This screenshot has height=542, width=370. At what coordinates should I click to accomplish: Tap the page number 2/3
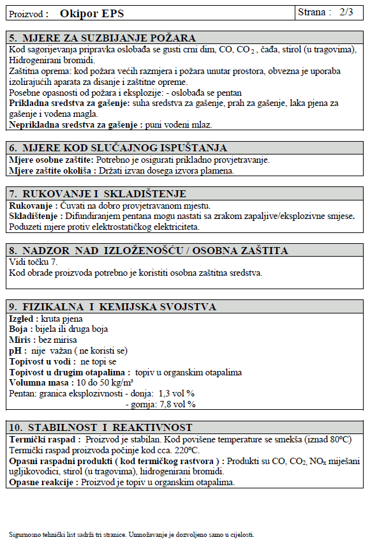tap(347, 12)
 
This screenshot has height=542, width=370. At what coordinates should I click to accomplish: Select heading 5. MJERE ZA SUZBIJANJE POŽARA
tap(103, 39)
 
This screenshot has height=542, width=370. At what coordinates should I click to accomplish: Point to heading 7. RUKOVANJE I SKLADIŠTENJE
tap(98, 193)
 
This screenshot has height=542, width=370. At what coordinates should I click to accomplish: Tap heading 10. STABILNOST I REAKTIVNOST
tap(101, 428)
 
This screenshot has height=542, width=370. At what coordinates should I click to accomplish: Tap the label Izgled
tap(23, 318)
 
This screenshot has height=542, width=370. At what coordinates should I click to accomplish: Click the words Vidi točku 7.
tap(33, 262)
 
